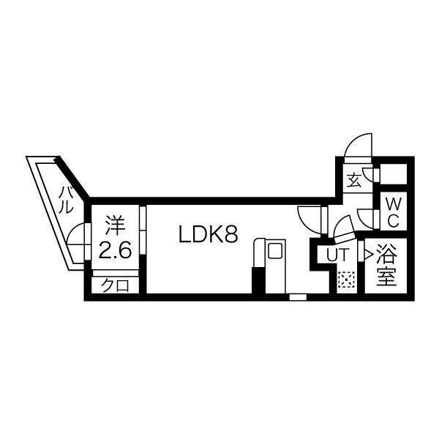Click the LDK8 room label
209,234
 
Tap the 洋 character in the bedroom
115,226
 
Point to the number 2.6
115,250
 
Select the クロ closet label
115,285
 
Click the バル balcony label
67,200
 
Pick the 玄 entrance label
354,181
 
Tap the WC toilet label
394,213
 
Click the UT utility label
338,255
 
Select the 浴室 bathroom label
386,265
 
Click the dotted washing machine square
346,279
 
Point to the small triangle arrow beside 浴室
369,254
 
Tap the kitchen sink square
275,250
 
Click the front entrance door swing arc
358,146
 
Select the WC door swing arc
366,219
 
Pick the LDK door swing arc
309,219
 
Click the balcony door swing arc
75,234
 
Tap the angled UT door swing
345,229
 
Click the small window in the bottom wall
298,297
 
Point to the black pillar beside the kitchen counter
258,280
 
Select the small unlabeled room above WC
394,174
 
